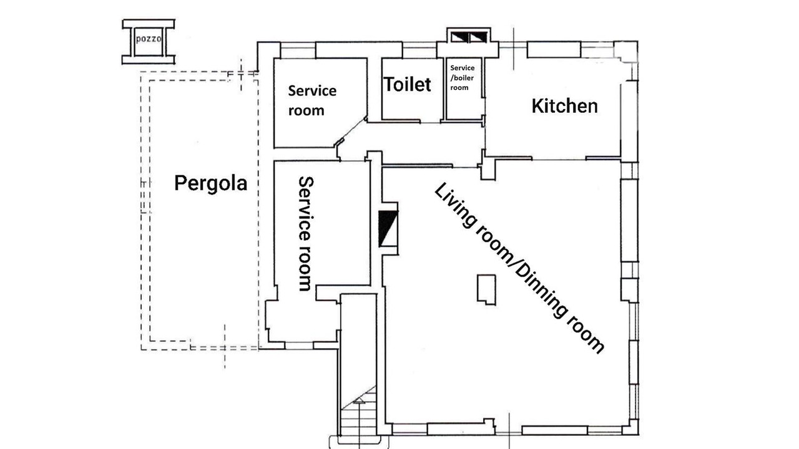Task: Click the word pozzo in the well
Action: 149,39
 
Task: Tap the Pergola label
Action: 211,183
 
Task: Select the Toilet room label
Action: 408,84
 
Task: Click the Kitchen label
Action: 565,106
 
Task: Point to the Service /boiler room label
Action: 463,78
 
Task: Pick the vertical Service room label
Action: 305,234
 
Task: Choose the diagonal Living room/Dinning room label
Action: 519,268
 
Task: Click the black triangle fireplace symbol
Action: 388,228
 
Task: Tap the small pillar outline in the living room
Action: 486,290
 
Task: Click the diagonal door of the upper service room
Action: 351,132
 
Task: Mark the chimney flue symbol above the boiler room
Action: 469,37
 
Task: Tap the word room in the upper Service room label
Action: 306,111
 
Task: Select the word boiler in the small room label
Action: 463,78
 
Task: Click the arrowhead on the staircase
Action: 359,402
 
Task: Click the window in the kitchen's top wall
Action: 554,50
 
